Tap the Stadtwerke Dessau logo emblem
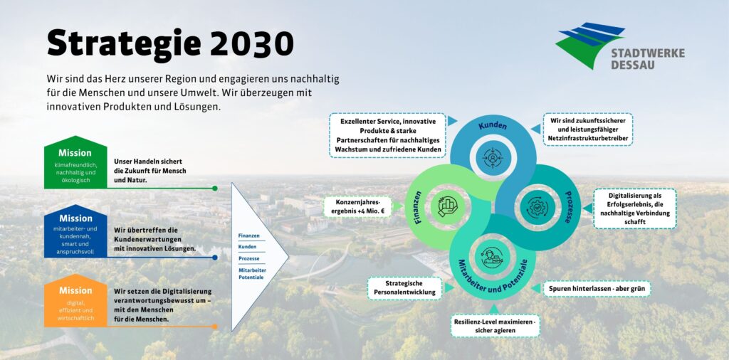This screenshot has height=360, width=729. click(x=589, y=44)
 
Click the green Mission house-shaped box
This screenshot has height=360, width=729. click(x=75, y=162)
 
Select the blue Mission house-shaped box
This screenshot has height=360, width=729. click(x=75, y=231)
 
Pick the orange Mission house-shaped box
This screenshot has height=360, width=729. click(x=75, y=300)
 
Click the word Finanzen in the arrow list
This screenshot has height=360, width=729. click(x=248, y=235)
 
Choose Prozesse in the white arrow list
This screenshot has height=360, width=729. click(x=248, y=258)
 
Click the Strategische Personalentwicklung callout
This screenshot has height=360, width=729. click(x=404, y=288)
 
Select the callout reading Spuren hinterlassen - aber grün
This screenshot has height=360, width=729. click(x=597, y=288)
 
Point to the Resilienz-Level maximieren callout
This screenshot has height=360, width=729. click(x=495, y=326)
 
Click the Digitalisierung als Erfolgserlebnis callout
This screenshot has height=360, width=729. click(x=634, y=208)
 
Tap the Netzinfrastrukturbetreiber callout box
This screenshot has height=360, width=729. click(x=588, y=129)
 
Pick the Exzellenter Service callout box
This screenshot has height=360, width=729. click(x=388, y=135)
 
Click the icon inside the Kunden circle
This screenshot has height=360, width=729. click(x=493, y=157)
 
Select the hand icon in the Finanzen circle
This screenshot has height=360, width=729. click(x=448, y=206)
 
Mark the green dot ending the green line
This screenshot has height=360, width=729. click(x=215, y=188)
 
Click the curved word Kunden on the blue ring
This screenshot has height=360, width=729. click(x=493, y=126)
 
